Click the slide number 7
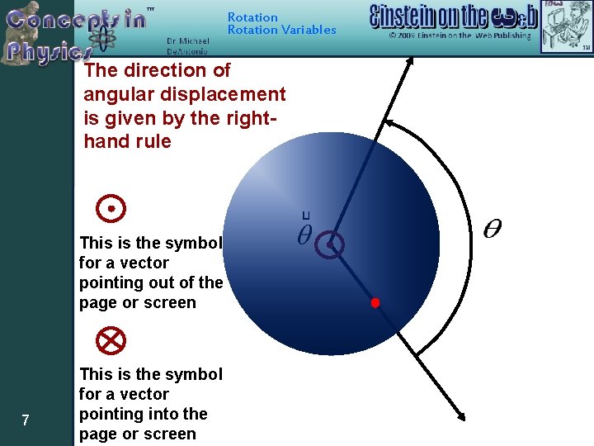[26, 421]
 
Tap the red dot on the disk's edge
[375, 303]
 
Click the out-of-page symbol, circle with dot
[111, 209]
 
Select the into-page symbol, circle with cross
[110, 339]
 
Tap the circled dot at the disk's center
[329, 244]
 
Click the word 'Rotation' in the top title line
[252, 17]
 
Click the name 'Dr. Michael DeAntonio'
[187, 45]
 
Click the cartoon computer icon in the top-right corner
[571, 25]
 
